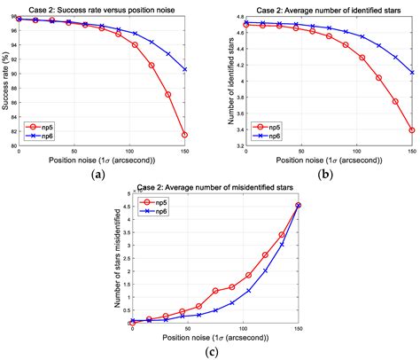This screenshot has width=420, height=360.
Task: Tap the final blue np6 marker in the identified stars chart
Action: coord(412,73)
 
